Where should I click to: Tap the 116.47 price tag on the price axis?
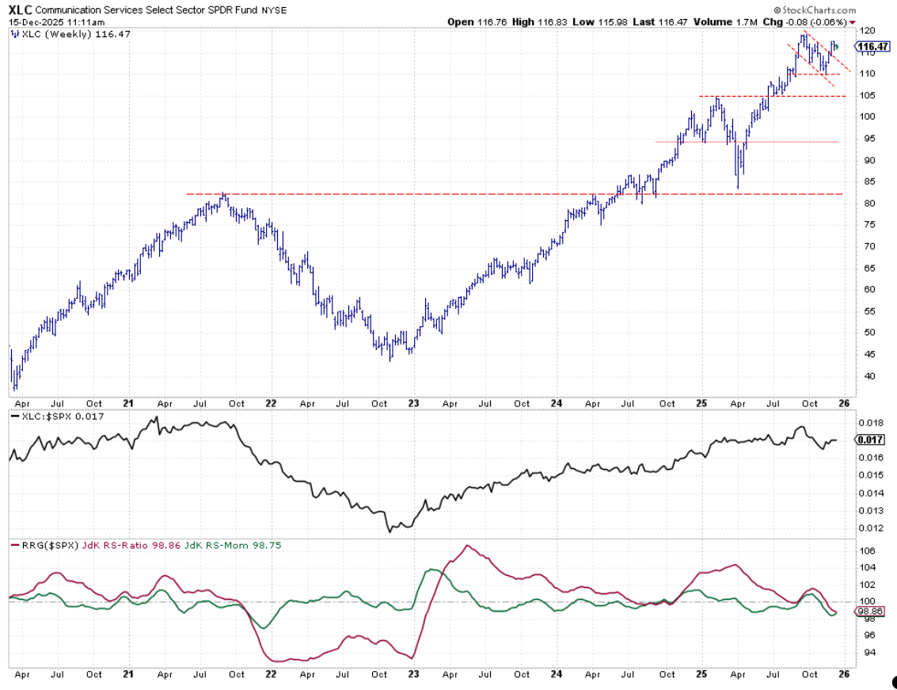[871, 48]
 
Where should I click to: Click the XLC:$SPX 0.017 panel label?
[55, 415]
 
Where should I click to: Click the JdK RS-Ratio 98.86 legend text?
[124, 545]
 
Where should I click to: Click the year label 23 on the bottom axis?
[413, 675]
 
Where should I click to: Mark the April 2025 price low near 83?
[738, 187]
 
